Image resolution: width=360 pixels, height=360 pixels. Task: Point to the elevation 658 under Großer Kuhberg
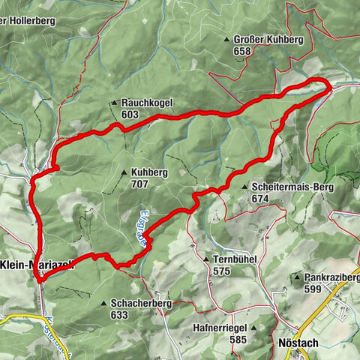click(x=241, y=50)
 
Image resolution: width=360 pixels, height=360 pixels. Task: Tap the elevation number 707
click(x=139, y=183)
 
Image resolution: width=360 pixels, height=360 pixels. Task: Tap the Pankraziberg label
click(x=331, y=276)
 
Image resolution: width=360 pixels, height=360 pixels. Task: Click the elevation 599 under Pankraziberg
click(x=314, y=287)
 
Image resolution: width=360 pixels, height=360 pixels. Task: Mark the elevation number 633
click(x=119, y=315)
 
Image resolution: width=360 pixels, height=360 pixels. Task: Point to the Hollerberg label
click(x=30, y=21)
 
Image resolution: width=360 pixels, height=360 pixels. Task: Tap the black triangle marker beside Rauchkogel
click(x=114, y=103)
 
